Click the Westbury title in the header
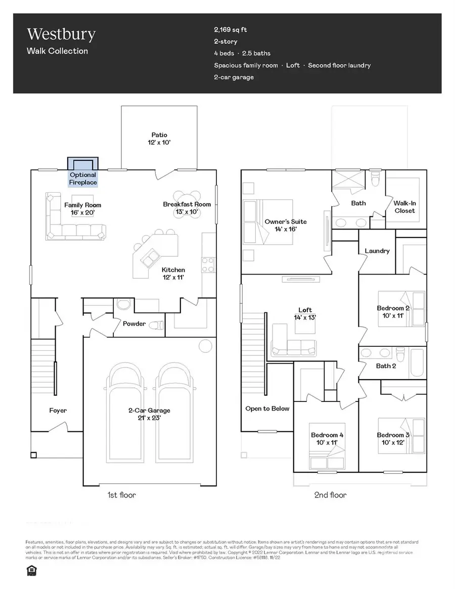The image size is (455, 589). click(61, 34)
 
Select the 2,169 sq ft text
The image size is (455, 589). click(231, 30)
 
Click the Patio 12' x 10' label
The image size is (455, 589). click(159, 139)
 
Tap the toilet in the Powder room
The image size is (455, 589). click(158, 326)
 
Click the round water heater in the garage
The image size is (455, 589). click(205, 346)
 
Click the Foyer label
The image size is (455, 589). click(58, 411)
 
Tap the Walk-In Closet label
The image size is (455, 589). click(404, 207)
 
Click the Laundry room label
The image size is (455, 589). click(377, 251)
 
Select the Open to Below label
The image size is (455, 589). click(267, 409)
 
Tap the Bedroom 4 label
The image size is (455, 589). click(324, 438)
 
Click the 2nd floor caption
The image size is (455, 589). click(330, 495)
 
